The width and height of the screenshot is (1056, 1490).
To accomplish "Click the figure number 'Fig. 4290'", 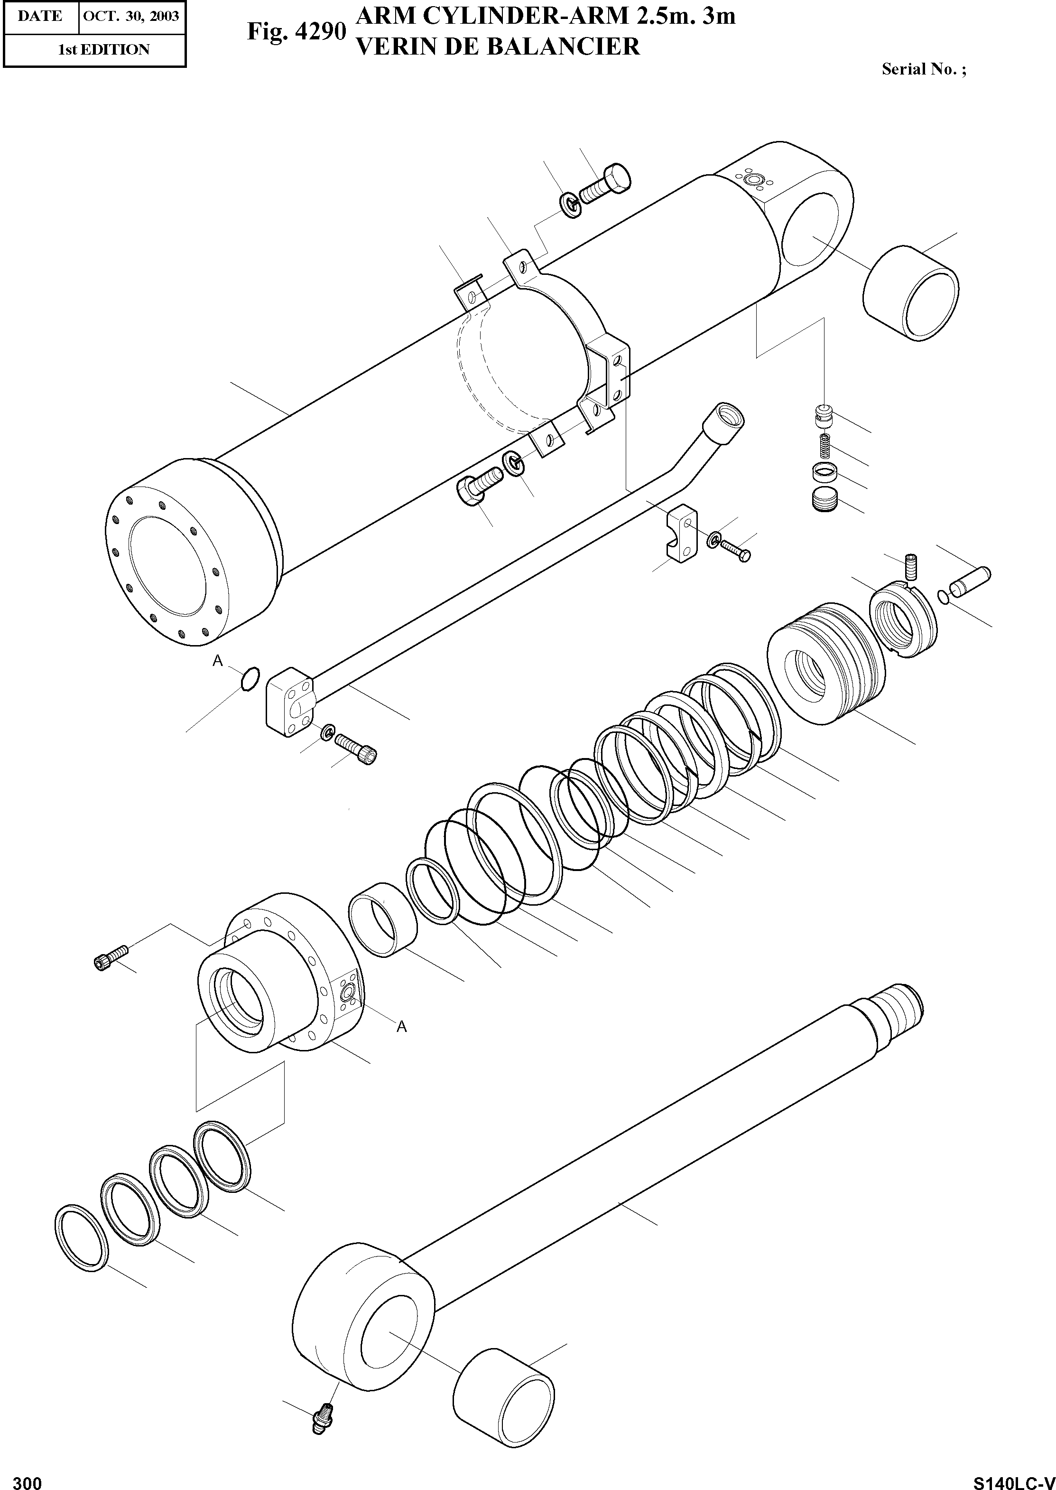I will [296, 32].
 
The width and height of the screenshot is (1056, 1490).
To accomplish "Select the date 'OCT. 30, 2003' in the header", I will [131, 16].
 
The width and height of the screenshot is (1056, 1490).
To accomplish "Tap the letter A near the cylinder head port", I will [402, 1027].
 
